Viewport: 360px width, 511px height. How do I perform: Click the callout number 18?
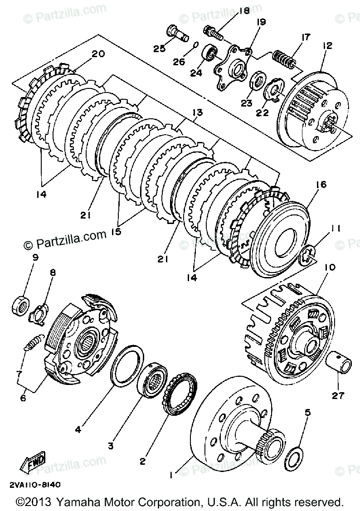coord(244,11)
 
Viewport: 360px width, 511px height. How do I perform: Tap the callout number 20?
coord(98,54)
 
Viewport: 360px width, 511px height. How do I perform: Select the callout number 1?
coord(171,475)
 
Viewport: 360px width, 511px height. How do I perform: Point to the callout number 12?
coord(327,45)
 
